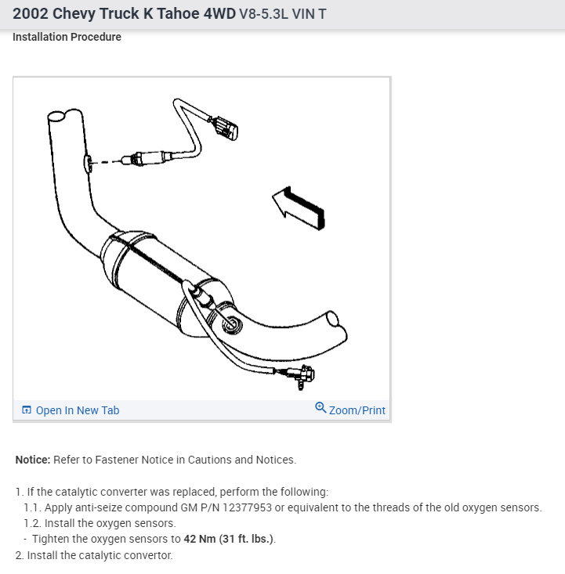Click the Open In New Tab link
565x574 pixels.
[x=78, y=410]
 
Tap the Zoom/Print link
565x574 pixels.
[x=357, y=410]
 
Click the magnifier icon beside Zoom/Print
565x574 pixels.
[x=321, y=408]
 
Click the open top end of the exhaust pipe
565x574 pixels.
[x=58, y=117]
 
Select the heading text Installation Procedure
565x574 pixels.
[x=67, y=37]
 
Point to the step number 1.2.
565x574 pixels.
[x=31, y=523]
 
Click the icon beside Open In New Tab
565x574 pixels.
[x=27, y=410]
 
